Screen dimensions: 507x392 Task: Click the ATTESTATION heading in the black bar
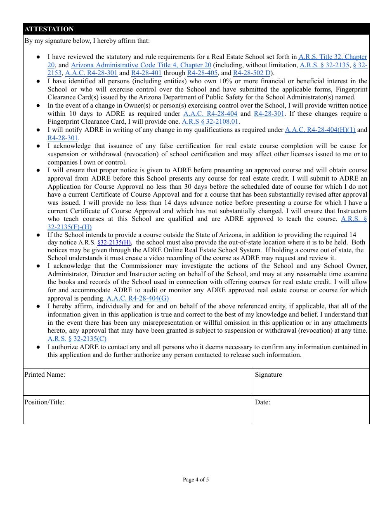click(x=49, y=29)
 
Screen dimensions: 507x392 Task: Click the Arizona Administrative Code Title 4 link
click(x=141, y=65)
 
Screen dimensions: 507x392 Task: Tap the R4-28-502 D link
click(x=252, y=73)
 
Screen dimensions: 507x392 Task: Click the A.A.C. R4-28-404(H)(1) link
click(x=320, y=130)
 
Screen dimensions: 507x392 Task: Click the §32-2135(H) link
click(x=114, y=243)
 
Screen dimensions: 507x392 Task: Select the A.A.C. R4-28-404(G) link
click(x=138, y=298)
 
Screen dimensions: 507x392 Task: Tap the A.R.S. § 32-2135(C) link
click(x=77, y=339)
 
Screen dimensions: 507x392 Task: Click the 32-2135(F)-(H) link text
click(x=70, y=227)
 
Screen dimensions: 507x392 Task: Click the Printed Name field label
click(x=45, y=375)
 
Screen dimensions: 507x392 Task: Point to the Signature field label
click(x=269, y=375)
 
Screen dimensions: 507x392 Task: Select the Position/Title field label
click(x=45, y=402)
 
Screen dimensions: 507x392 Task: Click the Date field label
click(x=262, y=402)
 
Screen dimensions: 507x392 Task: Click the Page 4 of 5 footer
click(x=196, y=479)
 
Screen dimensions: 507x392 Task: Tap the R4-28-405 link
click(x=202, y=73)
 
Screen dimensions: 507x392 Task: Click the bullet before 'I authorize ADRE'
click(x=38, y=347)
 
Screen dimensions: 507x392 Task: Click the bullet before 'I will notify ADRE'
click(x=38, y=130)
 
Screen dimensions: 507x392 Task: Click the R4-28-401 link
click(x=146, y=73)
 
